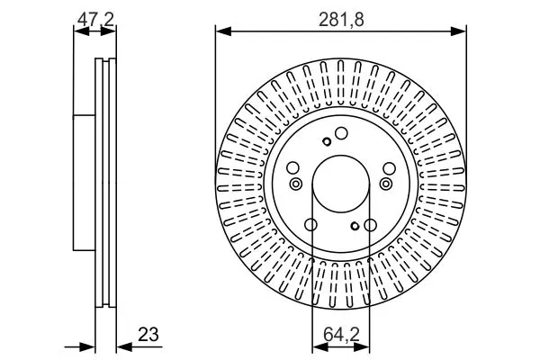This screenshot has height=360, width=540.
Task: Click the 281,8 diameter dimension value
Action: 341,20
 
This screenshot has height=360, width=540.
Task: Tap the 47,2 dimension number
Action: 95,19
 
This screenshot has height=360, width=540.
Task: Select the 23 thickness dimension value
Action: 148,334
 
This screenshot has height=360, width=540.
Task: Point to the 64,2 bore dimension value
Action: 341,335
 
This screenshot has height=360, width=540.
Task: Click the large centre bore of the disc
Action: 341,184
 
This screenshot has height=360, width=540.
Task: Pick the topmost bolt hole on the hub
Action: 341,133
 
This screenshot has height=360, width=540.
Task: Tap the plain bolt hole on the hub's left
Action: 292,168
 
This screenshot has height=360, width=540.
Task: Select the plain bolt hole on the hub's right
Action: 389,168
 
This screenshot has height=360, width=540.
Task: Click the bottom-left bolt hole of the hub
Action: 311,225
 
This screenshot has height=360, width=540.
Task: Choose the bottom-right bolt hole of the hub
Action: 371,225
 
